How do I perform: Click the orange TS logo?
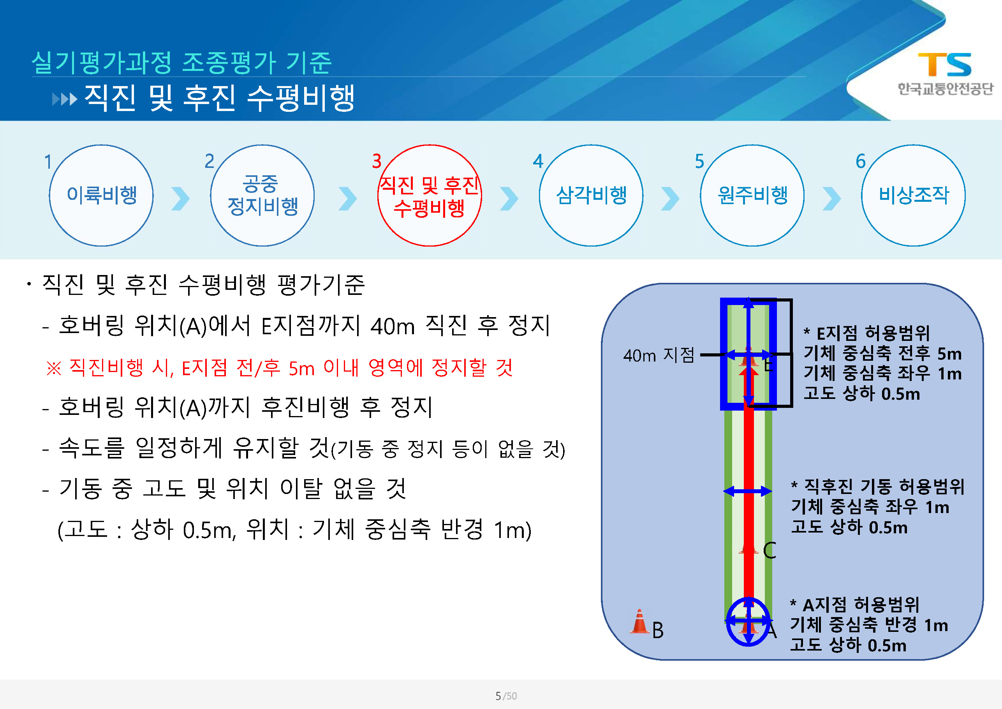pyautogui.click(x=944, y=64)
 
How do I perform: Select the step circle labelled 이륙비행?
pyautogui.click(x=101, y=195)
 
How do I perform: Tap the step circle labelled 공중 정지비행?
pyautogui.click(x=262, y=195)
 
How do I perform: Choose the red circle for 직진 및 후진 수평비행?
pyautogui.click(x=430, y=195)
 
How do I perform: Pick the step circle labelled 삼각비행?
pyautogui.click(x=591, y=195)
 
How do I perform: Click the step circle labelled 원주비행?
pyautogui.click(x=752, y=195)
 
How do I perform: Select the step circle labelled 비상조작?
pyautogui.click(x=913, y=195)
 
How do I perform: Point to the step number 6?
pyautogui.click(x=860, y=162)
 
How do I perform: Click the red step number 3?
pyautogui.click(x=377, y=162)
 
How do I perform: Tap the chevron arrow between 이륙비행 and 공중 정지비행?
pyautogui.click(x=181, y=199)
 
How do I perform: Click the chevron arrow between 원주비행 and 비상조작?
pyautogui.click(x=831, y=199)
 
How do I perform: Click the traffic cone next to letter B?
pyautogui.click(x=639, y=621)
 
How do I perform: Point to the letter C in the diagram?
pyautogui.click(x=770, y=550)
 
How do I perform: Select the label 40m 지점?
pyautogui.click(x=659, y=355)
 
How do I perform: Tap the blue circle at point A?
pyautogui.click(x=748, y=621)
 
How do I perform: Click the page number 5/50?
pyautogui.click(x=506, y=696)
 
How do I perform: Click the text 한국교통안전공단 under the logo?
pyautogui.click(x=945, y=89)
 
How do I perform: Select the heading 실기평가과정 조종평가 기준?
pyautogui.click(x=181, y=62)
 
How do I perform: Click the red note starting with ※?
pyautogui.click(x=279, y=368)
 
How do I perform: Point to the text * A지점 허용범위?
pyautogui.click(x=854, y=605)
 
